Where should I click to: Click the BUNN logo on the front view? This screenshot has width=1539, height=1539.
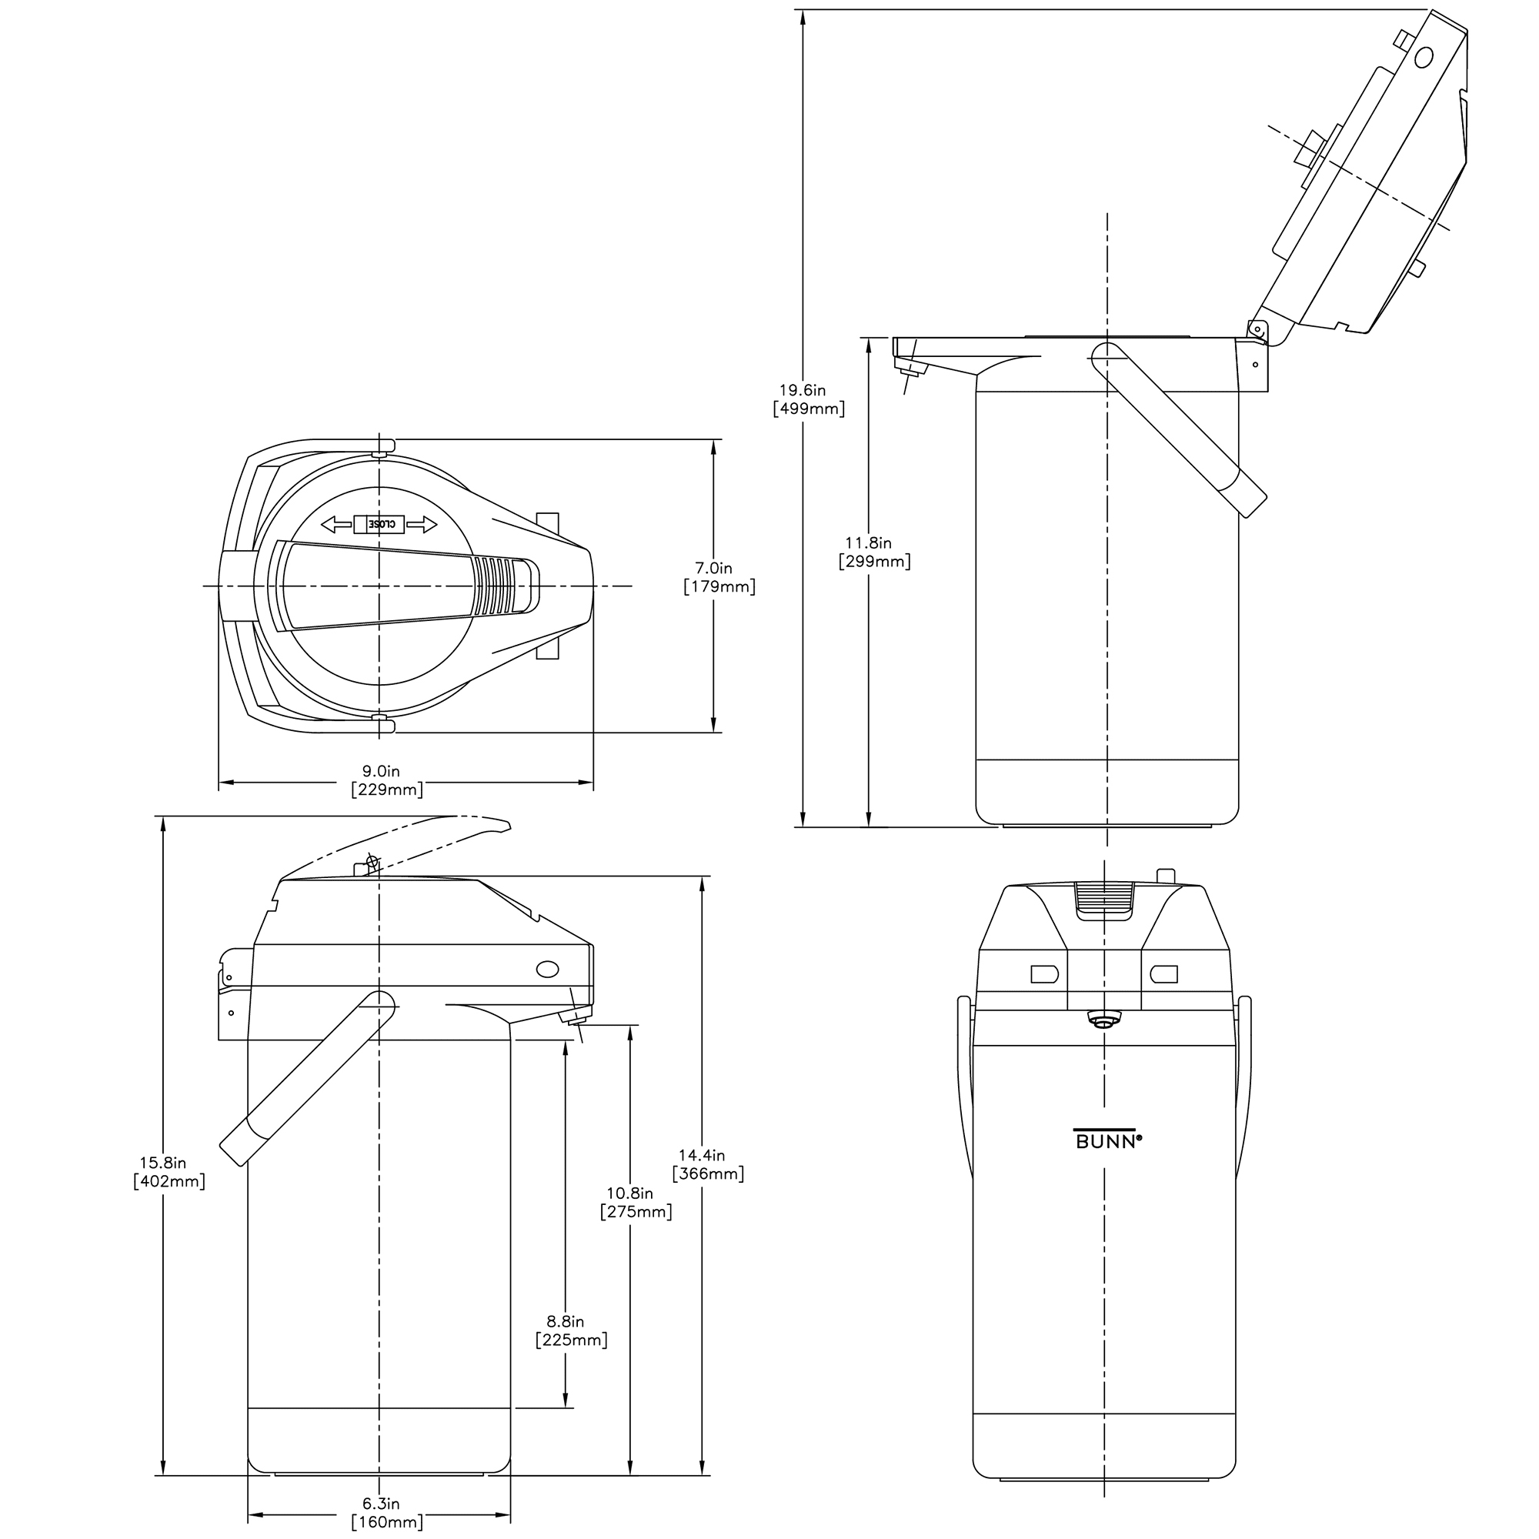coord(1107,1140)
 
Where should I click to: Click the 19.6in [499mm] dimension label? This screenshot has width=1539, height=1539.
coord(809,400)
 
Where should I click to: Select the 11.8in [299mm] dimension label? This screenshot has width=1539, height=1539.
coord(874,552)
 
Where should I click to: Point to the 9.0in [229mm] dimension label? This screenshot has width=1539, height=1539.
coord(386,780)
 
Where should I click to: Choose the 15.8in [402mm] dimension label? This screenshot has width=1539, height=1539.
coord(169,1172)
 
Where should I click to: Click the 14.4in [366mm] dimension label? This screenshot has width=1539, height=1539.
coord(707,1163)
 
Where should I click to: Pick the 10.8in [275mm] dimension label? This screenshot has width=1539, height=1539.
coord(635,1202)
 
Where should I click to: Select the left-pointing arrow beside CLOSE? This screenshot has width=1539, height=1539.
coord(336,524)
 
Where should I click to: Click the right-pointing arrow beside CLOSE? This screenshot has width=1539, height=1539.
coord(422,524)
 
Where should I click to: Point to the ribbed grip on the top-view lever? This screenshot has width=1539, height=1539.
coord(499,586)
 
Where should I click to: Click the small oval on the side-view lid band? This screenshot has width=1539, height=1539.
coord(547,969)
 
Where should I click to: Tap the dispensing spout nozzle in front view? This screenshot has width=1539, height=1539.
coord(1103,1020)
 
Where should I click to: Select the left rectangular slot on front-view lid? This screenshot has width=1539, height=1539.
coord(1043,973)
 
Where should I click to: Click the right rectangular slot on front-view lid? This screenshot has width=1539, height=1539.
coord(1163,973)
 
